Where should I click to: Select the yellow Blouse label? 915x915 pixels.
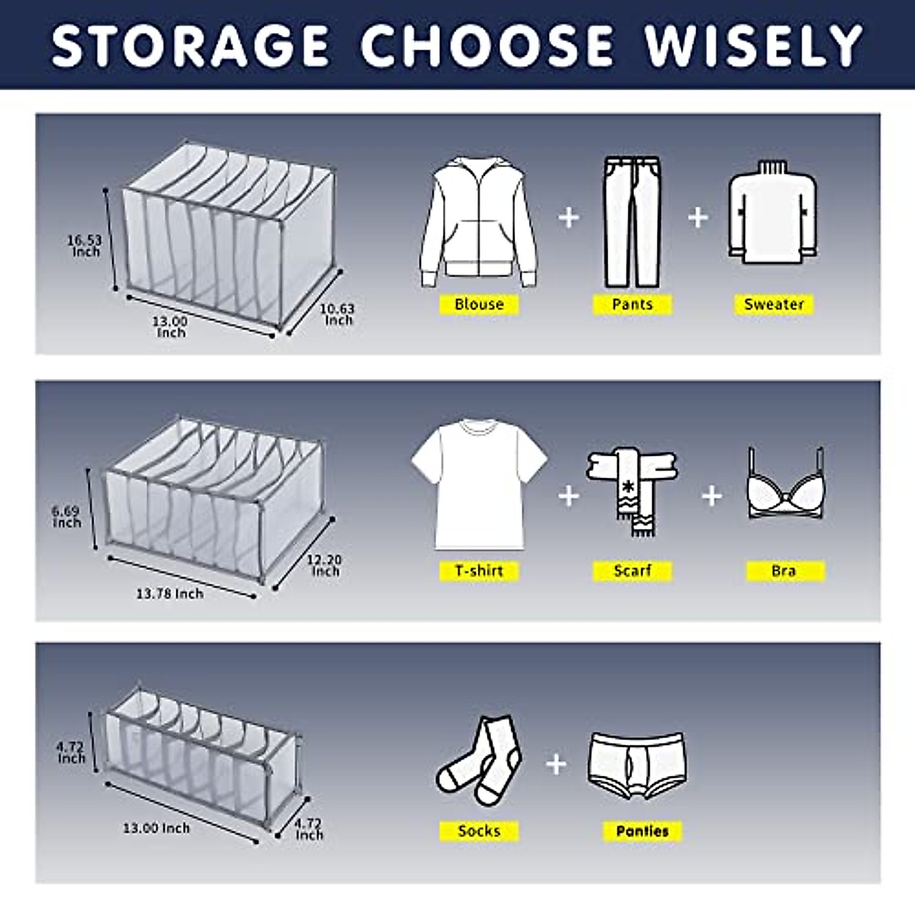[x=479, y=304]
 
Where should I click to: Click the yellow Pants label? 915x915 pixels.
[x=632, y=304]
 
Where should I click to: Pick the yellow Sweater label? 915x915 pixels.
[x=774, y=304]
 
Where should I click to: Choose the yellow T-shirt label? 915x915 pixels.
[x=479, y=570]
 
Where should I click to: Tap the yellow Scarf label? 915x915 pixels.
[x=632, y=570]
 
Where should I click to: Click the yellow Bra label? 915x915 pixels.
[x=784, y=570]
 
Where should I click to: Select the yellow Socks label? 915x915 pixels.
[x=479, y=831]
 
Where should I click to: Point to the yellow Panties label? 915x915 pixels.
[x=642, y=831]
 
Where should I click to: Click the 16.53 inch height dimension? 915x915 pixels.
[x=85, y=246]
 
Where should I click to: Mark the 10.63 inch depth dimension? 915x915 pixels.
[x=337, y=314]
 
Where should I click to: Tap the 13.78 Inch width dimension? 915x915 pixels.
[x=170, y=593]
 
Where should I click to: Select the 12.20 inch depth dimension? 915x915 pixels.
[x=325, y=565]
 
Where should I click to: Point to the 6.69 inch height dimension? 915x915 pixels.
[x=66, y=516]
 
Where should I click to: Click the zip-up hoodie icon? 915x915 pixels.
[x=479, y=221]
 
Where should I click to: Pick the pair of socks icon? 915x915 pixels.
[x=479, y=761]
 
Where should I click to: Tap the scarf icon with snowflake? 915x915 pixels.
[x=632, y=488]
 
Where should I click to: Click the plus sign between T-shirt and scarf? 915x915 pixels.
[x=568, y=496]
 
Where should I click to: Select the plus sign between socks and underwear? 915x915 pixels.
[x=557, y=763]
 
